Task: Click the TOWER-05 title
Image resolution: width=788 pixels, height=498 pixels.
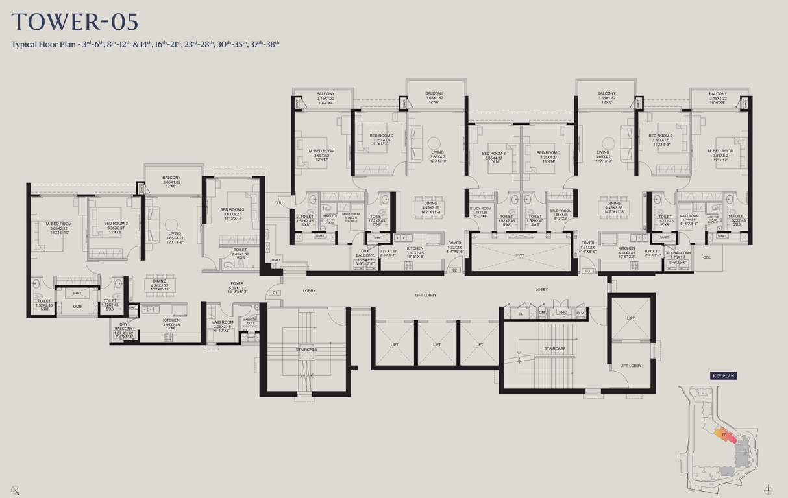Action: [x=75, y=21]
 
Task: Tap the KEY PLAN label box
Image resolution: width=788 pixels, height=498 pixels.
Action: [x=723, y=375]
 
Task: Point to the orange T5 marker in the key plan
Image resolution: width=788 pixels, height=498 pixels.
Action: [x=722, y=433]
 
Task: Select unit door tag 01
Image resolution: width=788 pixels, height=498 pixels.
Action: [x=275, y=293]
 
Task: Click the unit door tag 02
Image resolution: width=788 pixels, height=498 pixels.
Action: [x=455, y=270]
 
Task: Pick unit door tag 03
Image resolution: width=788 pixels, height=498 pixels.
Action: [x=587, y=270]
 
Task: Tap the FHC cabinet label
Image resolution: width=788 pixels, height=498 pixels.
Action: [x=562, y=313]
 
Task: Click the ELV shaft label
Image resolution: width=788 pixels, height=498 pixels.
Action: [x=580, y=313]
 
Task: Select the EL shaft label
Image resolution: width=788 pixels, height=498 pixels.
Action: [x=521, y=314]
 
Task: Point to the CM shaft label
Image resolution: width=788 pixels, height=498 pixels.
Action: [x=542, y=313]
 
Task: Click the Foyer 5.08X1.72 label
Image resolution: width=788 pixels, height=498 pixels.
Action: [x=237, y=287]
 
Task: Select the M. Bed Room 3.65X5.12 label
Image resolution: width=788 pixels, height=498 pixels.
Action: [x=58, y=228]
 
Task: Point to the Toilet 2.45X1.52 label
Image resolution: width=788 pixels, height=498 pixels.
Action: [x=240, y=252]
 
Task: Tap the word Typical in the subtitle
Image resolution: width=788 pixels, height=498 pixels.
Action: [x=27, y=45]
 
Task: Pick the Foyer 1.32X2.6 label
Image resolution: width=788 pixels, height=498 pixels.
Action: [x=454, y=246]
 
